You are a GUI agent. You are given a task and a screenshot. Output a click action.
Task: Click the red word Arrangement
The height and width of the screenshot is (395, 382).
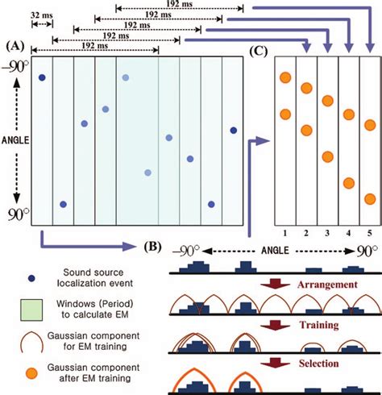306,285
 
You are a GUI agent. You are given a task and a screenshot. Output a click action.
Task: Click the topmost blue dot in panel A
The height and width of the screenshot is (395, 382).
41,77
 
